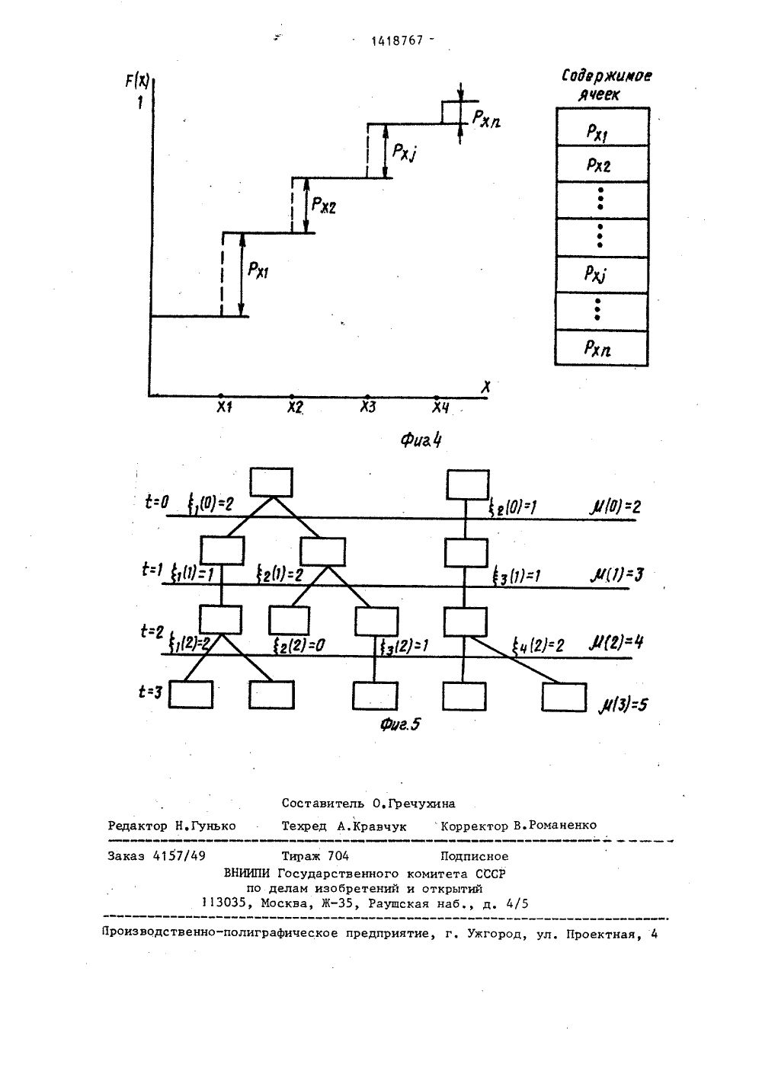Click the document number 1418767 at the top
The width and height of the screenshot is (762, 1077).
tap(397, 41)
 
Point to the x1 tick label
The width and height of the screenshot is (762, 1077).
tap(224, 407)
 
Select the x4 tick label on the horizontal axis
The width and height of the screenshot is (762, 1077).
tap(440, 407)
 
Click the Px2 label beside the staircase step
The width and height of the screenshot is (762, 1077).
tap(323, 205)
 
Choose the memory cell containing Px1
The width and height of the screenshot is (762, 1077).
tap(603, 126)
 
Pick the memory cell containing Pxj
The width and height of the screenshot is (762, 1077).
tap(601, 274)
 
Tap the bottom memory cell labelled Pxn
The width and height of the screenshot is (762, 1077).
tap(601, 347)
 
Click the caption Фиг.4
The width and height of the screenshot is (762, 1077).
tap(421, 439)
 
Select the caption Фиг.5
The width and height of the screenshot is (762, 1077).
tap(400, 724)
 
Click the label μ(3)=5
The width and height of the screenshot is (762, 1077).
tap(623, 705)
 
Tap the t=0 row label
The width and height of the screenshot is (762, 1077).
tap(157, 503)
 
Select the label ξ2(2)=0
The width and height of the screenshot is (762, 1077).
tap(299, 645)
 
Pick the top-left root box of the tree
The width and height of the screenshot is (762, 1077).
tap(271, 482)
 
